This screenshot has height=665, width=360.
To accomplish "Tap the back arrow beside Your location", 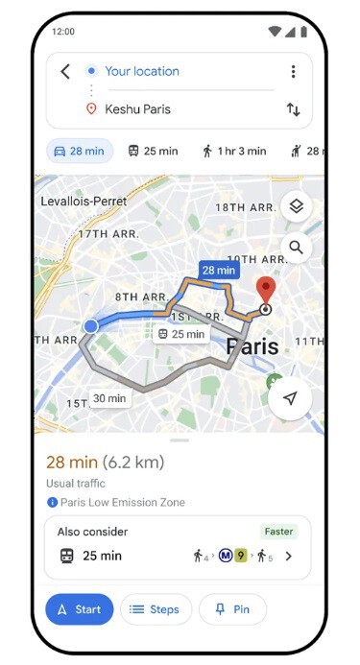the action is coord(65,71).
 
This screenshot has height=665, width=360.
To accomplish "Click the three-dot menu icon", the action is coord(293,71).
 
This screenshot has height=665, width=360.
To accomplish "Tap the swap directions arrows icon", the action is coord(293,109).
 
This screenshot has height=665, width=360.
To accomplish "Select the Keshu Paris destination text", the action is coord(137,109).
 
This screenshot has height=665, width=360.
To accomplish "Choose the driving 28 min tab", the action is coord(80,151).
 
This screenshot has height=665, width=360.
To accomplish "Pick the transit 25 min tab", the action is coord(153,151).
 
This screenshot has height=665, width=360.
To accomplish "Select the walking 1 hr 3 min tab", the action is coord(233,151).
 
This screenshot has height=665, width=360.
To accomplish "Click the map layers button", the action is coord(297,206).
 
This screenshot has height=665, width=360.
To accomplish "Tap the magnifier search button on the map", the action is coord(297,248).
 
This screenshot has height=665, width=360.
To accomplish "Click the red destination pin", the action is coord(266,291).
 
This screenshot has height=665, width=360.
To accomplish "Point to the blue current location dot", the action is coord(91,326).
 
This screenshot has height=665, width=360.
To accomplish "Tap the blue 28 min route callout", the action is coord(218,271).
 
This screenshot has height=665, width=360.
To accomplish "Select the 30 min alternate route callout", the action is coord(109,398).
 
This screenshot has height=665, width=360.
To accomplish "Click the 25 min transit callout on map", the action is coord(181,334).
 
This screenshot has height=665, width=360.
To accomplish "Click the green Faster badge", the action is coord(278,531).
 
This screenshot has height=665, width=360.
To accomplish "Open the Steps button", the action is coord(155,609).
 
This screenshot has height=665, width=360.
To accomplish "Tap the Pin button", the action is coord(233,609).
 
